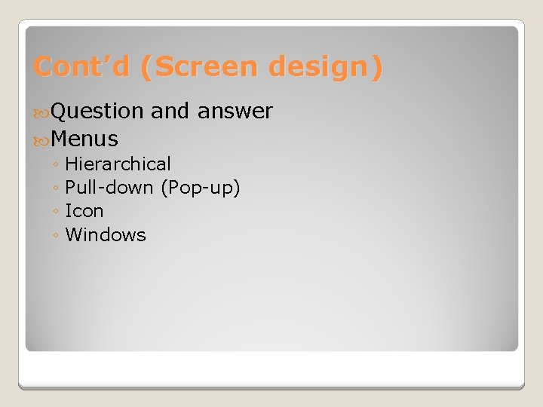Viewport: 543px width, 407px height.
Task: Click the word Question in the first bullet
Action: pos(98,112)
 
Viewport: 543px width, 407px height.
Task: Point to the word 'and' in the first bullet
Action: pos(170,112)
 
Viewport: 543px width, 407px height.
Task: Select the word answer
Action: pos(235,112)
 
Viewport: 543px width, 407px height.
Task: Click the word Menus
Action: pos(85,139)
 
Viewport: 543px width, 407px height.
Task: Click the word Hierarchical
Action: pos(118,164)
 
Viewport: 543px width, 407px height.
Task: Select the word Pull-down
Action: pos(110,187)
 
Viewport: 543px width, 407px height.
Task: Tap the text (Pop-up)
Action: pos(201,187)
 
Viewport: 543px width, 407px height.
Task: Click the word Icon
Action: pos(84,210)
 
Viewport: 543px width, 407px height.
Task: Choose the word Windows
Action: pos(106,234)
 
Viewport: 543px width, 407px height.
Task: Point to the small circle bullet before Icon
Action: pos(57,212)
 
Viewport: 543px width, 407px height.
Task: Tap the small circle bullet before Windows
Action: pos(57,236)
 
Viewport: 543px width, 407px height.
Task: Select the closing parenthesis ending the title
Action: pos(377,67)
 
